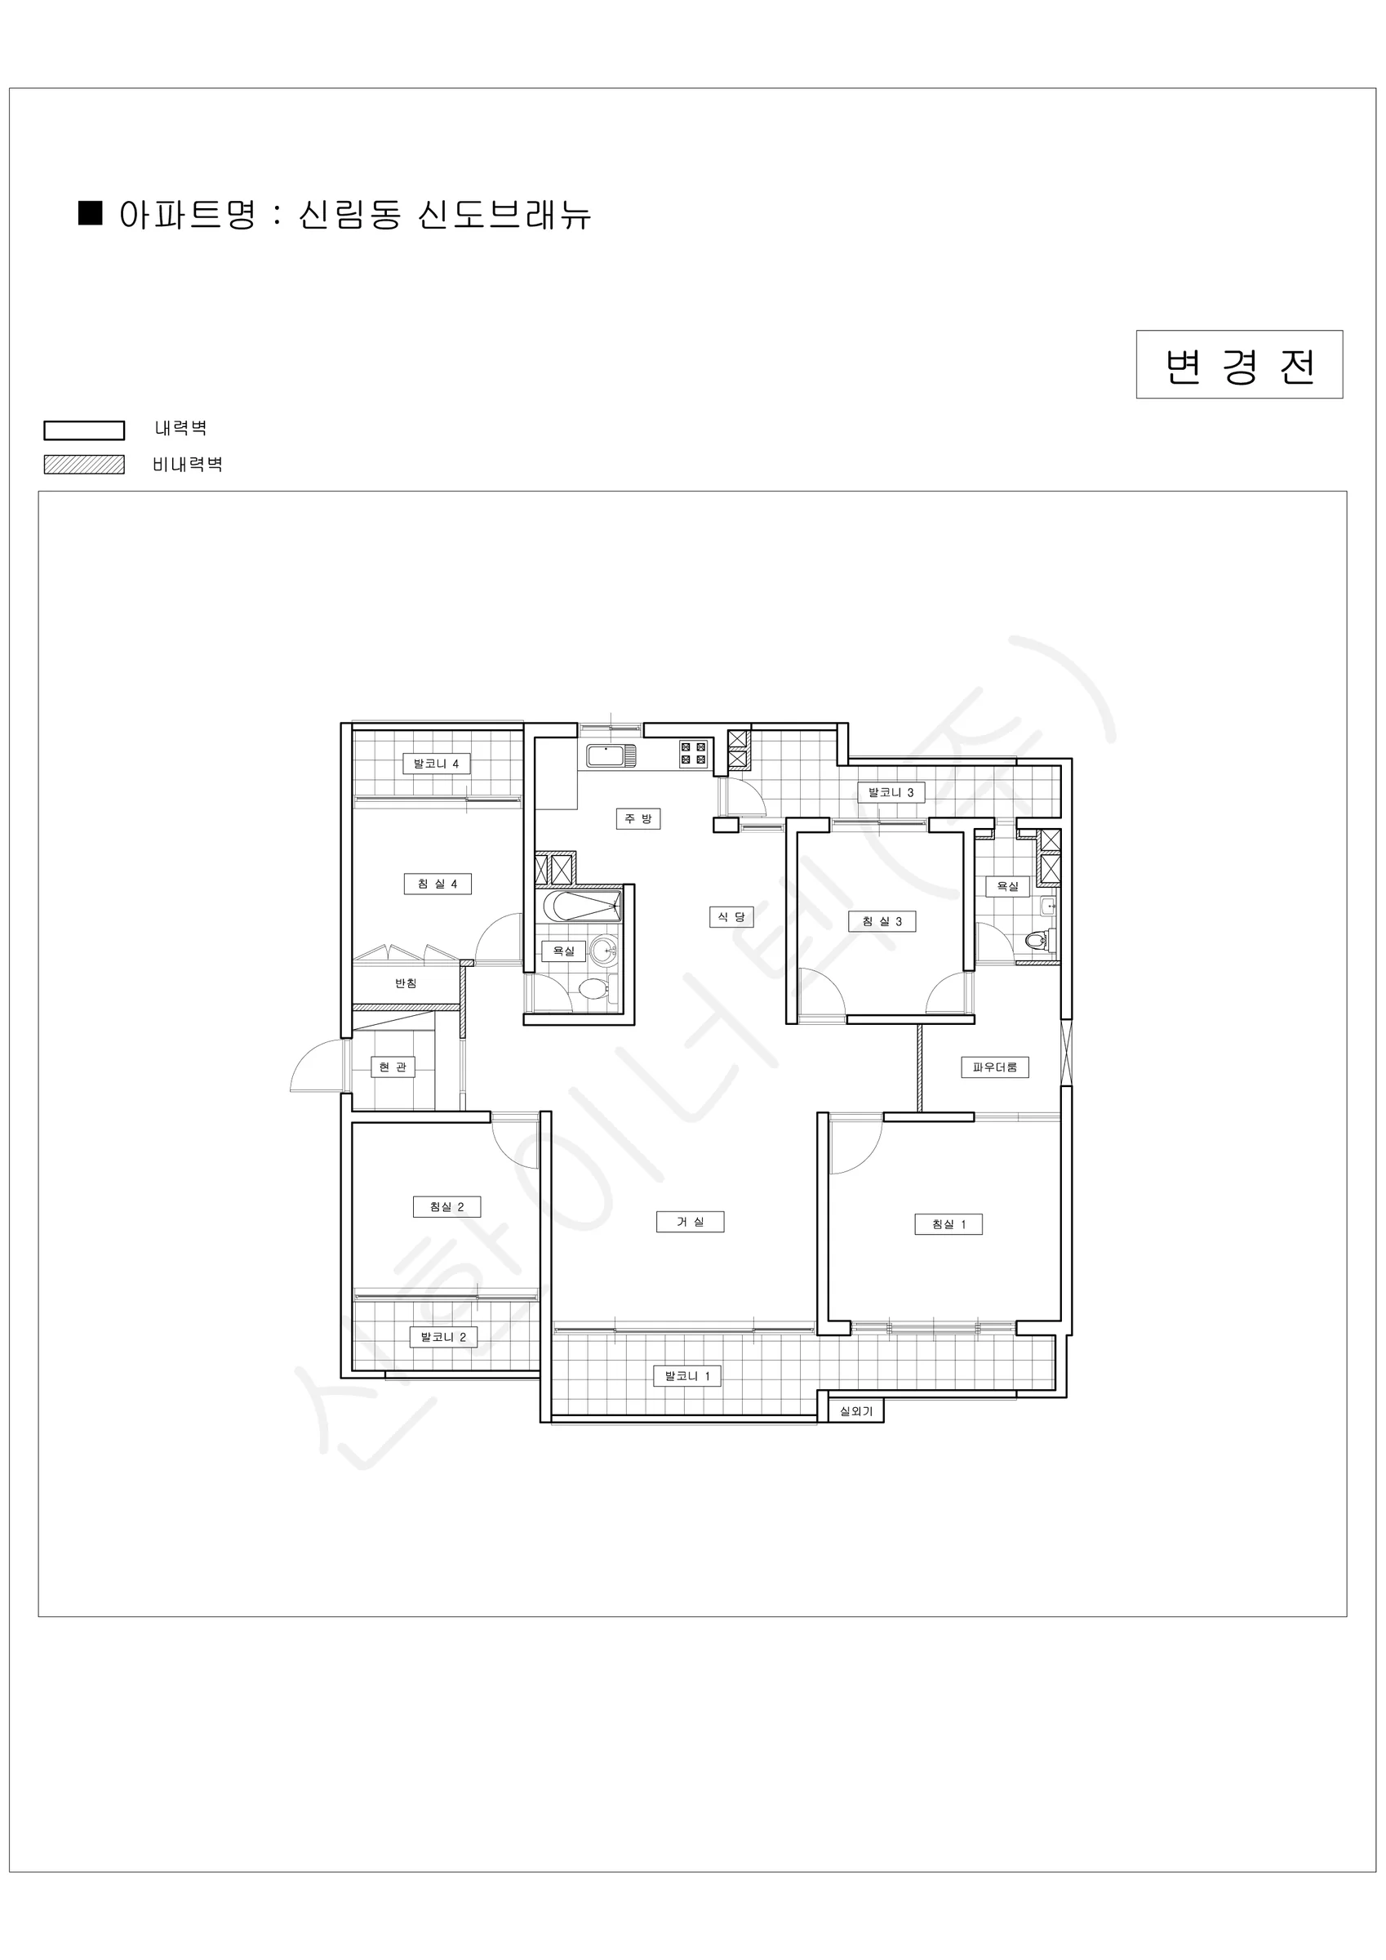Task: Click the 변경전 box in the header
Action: click(1238, 364)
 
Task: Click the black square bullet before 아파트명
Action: click(91, 212)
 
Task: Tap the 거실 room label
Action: click(690, 1222)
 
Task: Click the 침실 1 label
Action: click(948, 1224)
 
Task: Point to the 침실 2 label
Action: click(446, 1206)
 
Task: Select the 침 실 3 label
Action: click(882, 921)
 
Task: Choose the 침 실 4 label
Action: click(437, 884)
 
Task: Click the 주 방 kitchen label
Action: click(637, 818)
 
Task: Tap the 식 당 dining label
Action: click(731, 917)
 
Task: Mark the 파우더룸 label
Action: click(995, 1067)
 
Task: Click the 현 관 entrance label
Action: click(393, 1067)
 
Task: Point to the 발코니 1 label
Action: click(687, 1375)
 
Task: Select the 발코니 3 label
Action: click(891, 792)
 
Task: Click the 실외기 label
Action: click(856, 1411)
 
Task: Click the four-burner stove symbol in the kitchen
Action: click(693, 753)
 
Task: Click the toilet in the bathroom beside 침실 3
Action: click(1038, 941)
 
